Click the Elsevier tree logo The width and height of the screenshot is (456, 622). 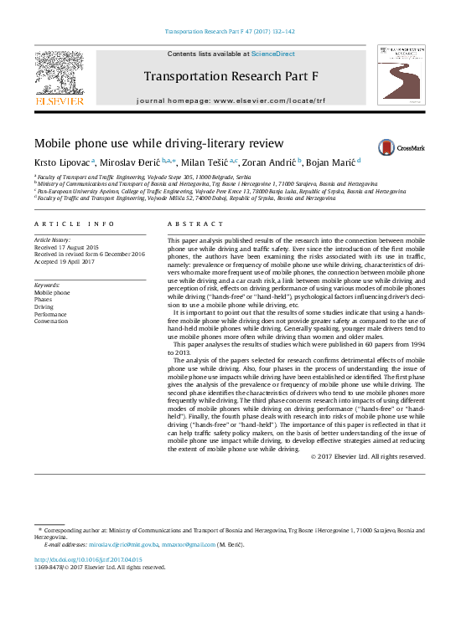(59, 75)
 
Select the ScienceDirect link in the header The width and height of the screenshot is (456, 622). (274, 54)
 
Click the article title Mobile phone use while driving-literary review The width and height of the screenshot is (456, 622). (158, 143)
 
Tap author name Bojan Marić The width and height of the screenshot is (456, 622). (331, 161)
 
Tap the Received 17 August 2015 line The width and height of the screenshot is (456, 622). (66, 247)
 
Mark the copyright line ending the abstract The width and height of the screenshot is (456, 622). (368, 456)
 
